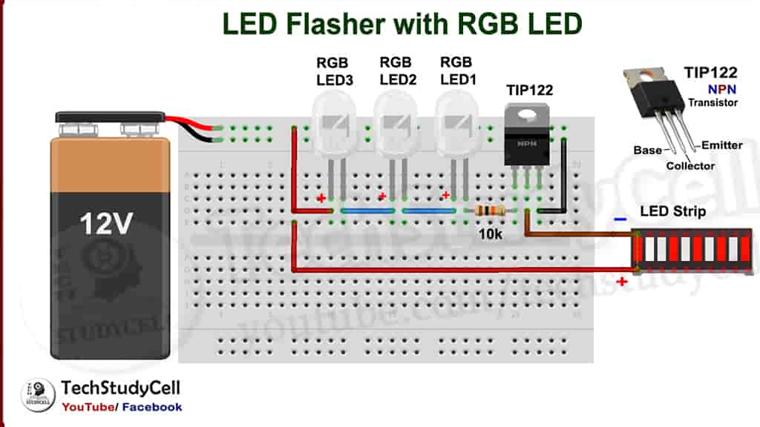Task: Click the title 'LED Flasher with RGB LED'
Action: [x=402, y=24]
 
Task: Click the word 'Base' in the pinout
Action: [x=647, y=150]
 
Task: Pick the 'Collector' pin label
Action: [x=690, y=166]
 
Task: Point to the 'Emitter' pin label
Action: [x=721, y=145]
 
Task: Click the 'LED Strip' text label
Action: [x=672, y=212]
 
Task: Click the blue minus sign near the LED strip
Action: [x=620, y=219]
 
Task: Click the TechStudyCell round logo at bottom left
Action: [x=38, y=394]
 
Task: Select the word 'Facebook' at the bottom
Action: [x=152, y=407]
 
